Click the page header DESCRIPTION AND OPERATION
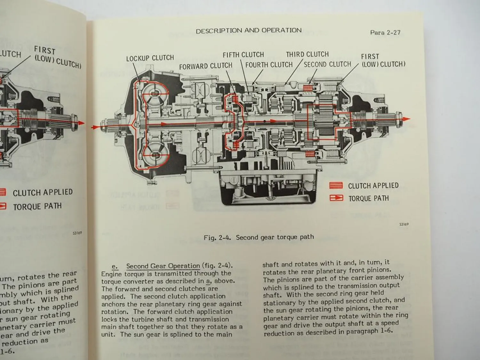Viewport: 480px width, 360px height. tap(249, 31)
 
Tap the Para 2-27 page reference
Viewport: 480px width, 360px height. tap(385, 32)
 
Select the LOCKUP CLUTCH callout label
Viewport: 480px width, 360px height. tap(150, 58)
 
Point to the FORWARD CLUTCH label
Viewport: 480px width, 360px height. tap(205, 66)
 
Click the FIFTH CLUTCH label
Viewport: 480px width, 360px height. tap(243, 55)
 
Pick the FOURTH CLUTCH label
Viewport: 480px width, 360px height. tap(269, 65)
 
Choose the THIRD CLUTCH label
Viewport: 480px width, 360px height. tap(307, 54)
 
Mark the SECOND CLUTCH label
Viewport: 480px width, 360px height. tap(327, 64)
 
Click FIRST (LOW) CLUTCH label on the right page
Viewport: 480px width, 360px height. tap(383, 60)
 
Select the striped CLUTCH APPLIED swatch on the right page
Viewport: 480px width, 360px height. tap(336, 186)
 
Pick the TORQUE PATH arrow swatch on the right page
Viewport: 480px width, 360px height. tap(336, 198)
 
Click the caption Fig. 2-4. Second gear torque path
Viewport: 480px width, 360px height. tap(259, 237)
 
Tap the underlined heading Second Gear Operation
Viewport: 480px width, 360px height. tap(163, 266)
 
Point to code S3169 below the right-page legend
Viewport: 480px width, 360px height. tap(404, 224)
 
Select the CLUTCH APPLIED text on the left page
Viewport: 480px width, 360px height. tap(43, 193)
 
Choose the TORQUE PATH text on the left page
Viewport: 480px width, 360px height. tap(37, 207)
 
